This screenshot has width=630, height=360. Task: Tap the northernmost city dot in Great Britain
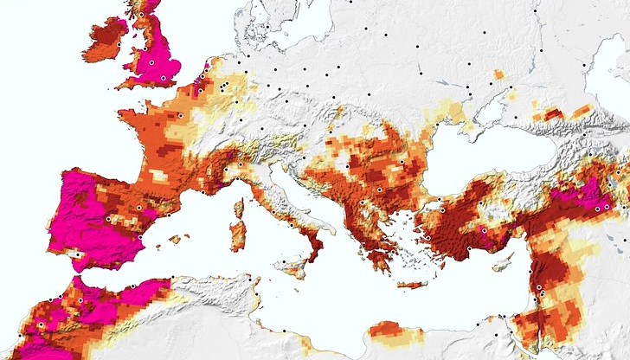[x=140, y=14]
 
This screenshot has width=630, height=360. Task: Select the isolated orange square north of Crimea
[x=498, y=74]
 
